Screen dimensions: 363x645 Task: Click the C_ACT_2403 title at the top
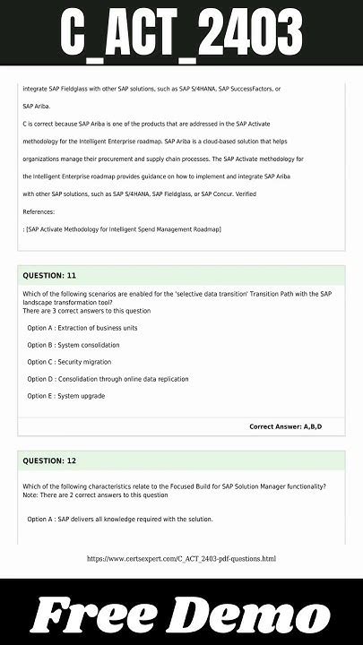click(181, 34)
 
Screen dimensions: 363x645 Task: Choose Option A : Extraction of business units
click(82, 328)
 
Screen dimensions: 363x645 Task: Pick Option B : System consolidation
click(73, 345)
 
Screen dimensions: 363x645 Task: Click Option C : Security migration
click(69, 362)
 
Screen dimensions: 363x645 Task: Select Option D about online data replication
click(108, 379)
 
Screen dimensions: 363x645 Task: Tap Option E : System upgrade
click(65, 396)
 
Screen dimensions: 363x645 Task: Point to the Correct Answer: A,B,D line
click(285, 426)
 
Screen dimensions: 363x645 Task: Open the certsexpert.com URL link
click(181, 559)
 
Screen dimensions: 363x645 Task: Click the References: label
click(39, 211)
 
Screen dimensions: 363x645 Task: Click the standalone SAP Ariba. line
click(37, 106)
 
